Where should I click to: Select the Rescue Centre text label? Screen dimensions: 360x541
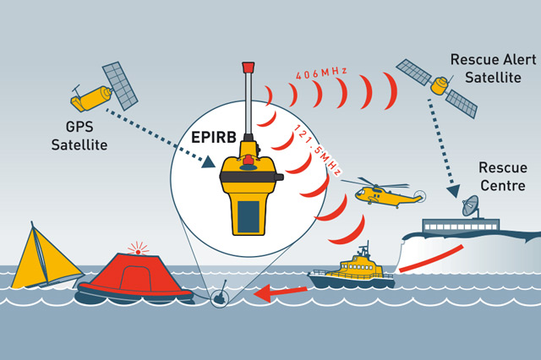(x=502, y=175)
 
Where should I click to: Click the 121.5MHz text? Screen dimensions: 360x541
(x=318, y=152)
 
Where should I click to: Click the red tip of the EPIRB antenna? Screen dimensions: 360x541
(x=249, y=65)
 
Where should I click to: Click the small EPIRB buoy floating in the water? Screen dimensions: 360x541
(x=218, y=298)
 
